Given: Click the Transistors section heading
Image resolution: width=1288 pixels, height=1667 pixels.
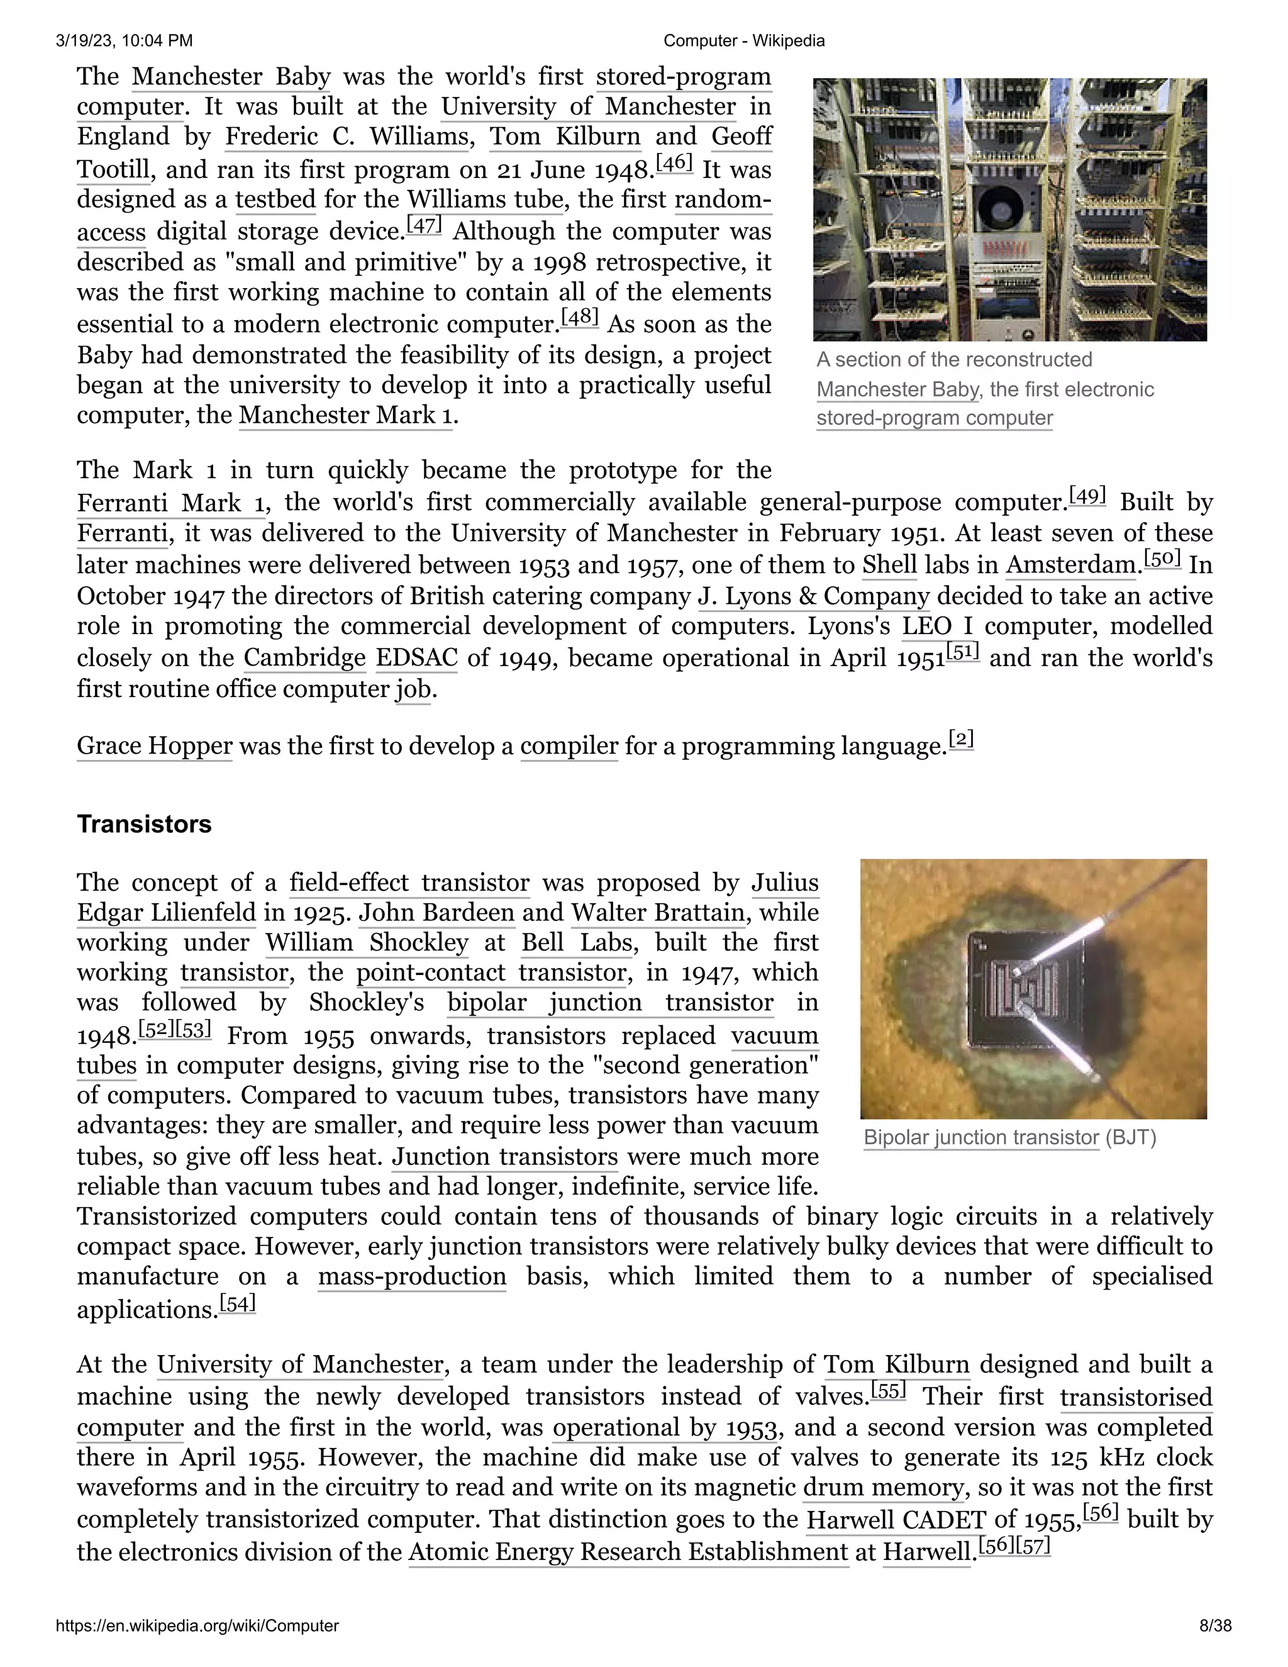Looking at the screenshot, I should point(143,824).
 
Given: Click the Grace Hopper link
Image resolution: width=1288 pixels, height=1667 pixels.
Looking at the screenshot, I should point(154,745).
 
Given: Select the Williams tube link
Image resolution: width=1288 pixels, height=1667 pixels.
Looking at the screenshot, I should point(486,199).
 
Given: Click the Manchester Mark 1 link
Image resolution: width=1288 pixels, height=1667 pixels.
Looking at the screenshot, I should point(345,415).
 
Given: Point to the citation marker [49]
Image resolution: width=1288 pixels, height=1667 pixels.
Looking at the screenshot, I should point(1087,496).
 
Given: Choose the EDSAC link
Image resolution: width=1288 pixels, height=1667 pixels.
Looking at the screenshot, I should point(416,658).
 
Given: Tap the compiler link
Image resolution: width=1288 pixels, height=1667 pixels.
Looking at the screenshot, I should point(569,745).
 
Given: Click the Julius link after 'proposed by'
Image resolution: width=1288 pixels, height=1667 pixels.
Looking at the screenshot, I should point(784,883).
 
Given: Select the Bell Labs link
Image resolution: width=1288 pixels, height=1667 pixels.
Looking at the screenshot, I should point(577,943).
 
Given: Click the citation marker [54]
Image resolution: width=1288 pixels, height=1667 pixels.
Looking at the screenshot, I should point(237,1303).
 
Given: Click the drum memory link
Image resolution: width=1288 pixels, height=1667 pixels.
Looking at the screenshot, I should point(884,1487).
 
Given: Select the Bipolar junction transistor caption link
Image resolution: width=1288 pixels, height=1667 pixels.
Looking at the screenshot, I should point(980,1138).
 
